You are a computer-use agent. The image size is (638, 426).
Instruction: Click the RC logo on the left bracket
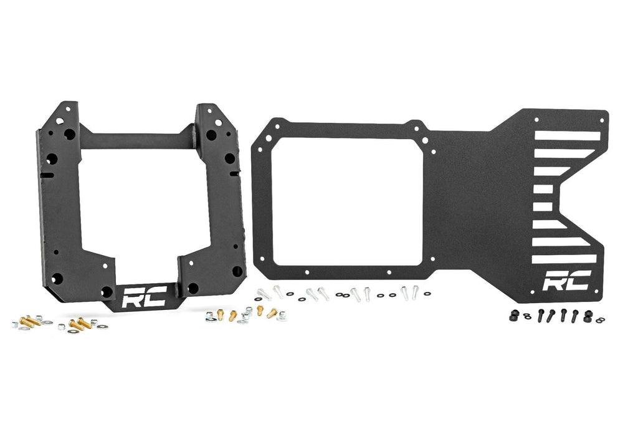coord(143,298)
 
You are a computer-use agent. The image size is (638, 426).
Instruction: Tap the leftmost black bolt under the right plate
coord(540,316)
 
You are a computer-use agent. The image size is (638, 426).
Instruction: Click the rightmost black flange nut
coord(586,316)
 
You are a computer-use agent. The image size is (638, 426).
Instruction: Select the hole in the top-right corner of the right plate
coord(603,113)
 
